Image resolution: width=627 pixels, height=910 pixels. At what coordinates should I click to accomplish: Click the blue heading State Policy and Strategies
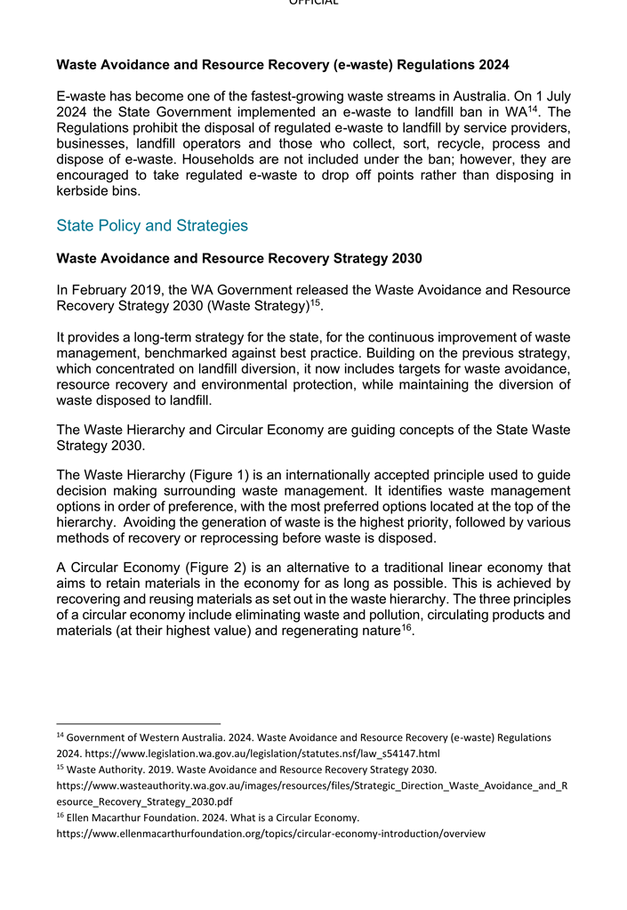pos(152,226)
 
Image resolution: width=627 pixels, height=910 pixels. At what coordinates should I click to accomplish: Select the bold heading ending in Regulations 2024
pos(283,64)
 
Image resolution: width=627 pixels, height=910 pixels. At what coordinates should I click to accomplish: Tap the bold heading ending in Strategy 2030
pos(239,259)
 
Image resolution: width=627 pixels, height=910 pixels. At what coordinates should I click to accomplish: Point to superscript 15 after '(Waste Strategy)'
pos(315,302)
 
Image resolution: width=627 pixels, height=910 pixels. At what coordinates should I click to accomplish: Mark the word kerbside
pos(84,191)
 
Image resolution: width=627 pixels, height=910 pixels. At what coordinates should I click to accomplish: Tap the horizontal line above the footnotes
pos(138,723)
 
